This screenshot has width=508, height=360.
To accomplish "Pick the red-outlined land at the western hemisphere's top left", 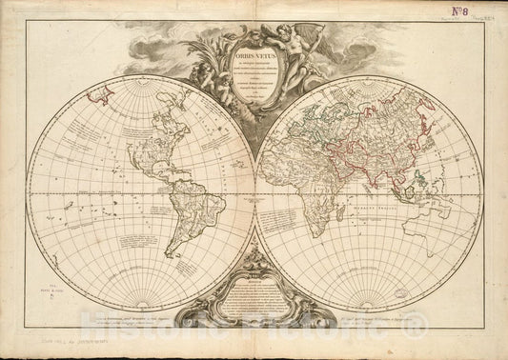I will click(99, 91).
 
